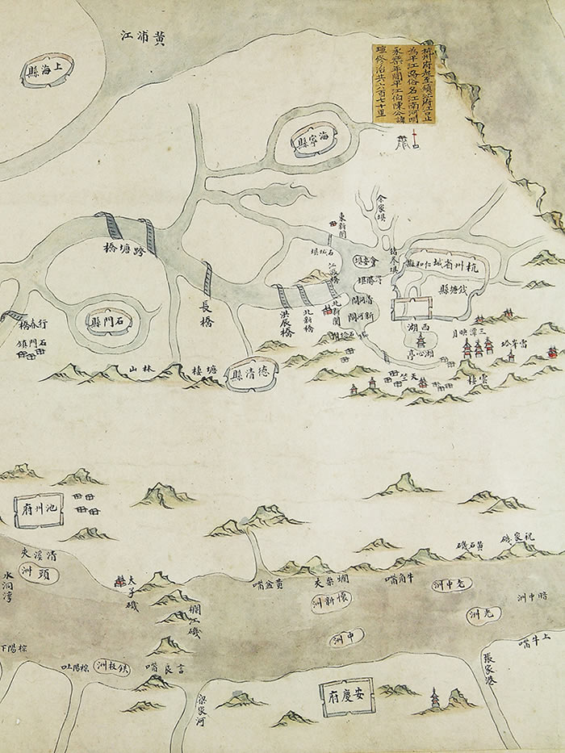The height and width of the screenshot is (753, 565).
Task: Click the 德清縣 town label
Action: [x=251, y=375]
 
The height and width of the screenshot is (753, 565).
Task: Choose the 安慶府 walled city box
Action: [x=339, y=693]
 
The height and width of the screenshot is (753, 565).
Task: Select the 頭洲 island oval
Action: [x=35, y=574]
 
